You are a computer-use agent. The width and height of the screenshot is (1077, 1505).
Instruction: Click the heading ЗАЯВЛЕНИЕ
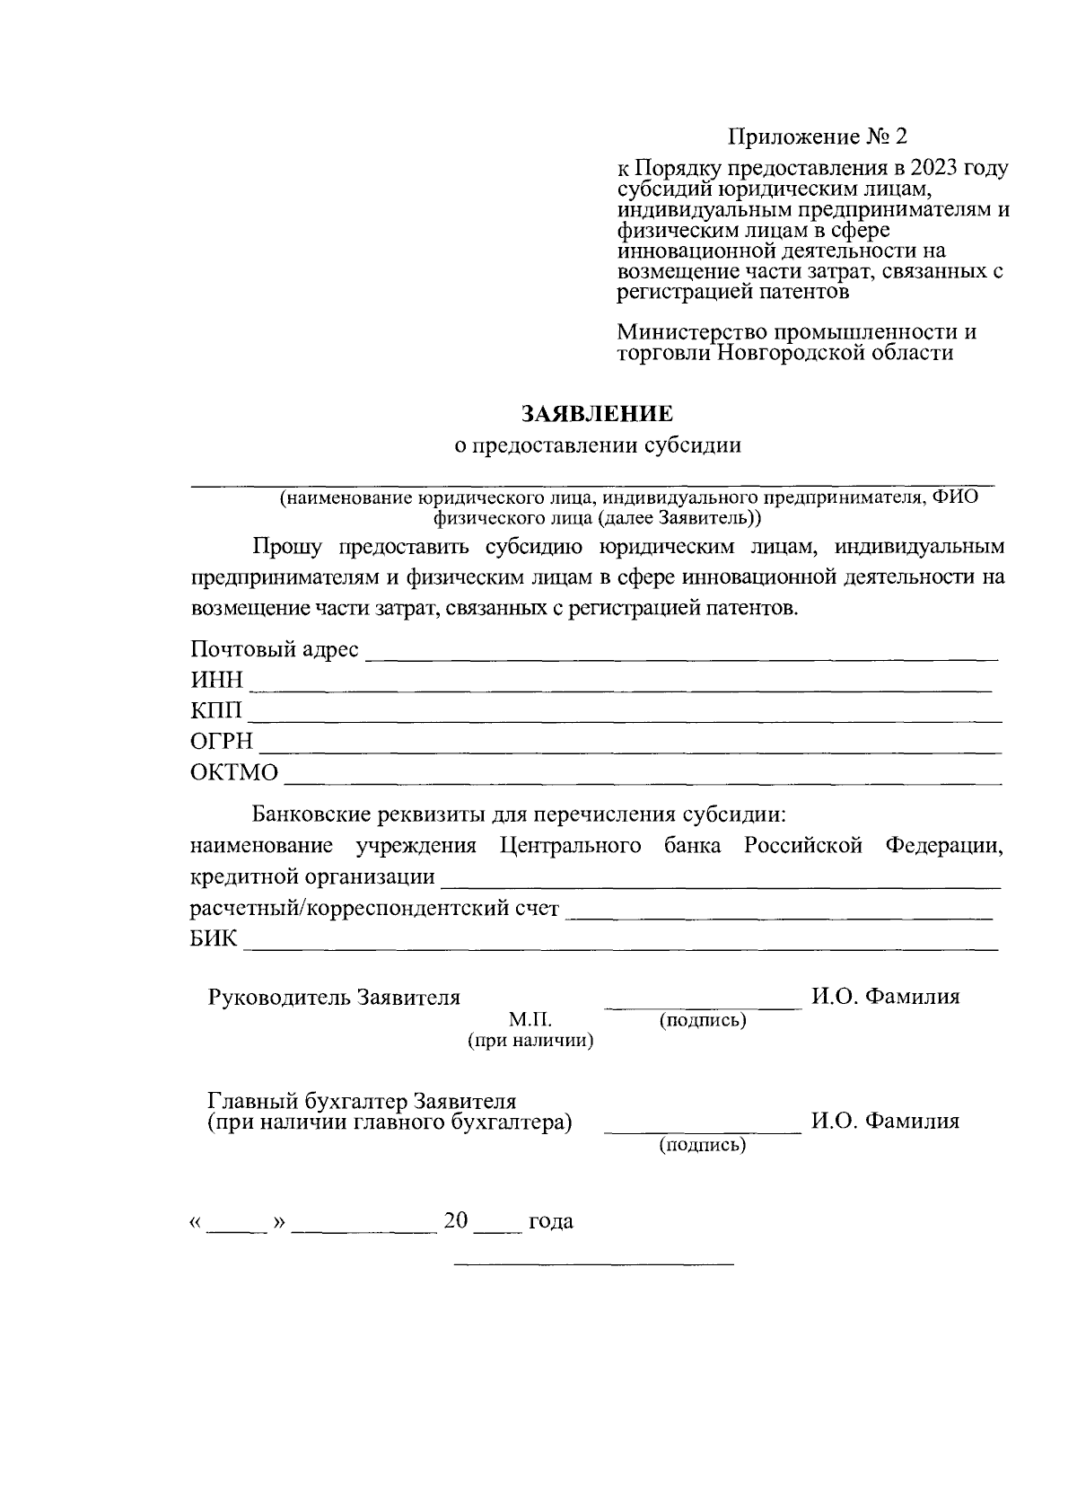[597, 414]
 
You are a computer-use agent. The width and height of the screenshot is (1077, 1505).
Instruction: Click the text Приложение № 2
[818, 136]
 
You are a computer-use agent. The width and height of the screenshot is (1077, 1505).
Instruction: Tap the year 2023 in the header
[937, 168]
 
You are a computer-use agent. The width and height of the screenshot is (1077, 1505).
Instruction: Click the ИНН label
[216, 682]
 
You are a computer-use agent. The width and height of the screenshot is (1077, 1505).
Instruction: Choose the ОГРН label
[222, 743]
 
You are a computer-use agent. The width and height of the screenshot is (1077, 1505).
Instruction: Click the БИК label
[215, 939]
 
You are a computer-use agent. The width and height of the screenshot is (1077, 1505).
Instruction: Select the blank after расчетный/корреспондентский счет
[781, 917]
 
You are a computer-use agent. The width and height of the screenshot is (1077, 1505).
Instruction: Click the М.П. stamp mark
[530, 1020]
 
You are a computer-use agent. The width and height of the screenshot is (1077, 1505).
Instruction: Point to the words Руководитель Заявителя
[334, 998]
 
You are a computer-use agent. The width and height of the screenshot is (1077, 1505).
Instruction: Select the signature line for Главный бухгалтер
[703, 1132]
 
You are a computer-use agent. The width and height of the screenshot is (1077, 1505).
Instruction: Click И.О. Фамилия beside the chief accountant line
[885, 1122]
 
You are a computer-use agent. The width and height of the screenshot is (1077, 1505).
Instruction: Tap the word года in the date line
[551, 1222]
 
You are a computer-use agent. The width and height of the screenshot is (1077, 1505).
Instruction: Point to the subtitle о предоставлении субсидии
[597, 446]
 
